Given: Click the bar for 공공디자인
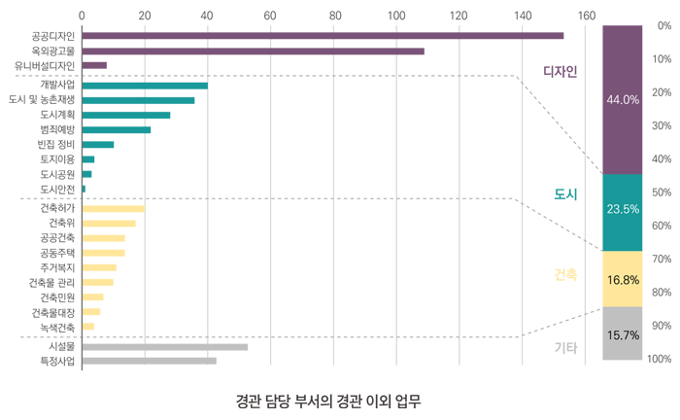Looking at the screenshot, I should pos(323,36).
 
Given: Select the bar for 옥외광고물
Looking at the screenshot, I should pos(253,51).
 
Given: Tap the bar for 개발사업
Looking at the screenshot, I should pos(145,86).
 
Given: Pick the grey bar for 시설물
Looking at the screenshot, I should pos(164,346).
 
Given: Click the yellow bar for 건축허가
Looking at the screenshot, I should pos(114,208).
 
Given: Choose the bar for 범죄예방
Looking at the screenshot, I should pos(117,129).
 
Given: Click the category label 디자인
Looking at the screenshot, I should pos(561,71).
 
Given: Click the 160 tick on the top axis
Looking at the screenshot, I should pos(586,16).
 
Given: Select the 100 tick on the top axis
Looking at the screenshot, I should pos(396,16).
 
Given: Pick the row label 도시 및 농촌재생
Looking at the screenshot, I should pos(42,100).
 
